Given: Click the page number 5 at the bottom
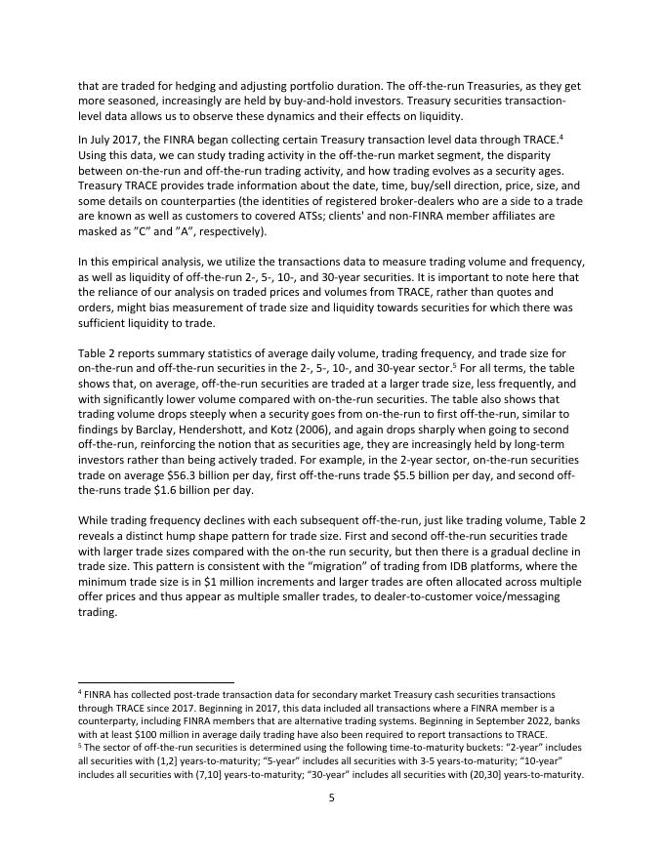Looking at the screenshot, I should (x=331, y=798).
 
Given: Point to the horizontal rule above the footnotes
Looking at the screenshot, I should (x=156, y=682).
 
